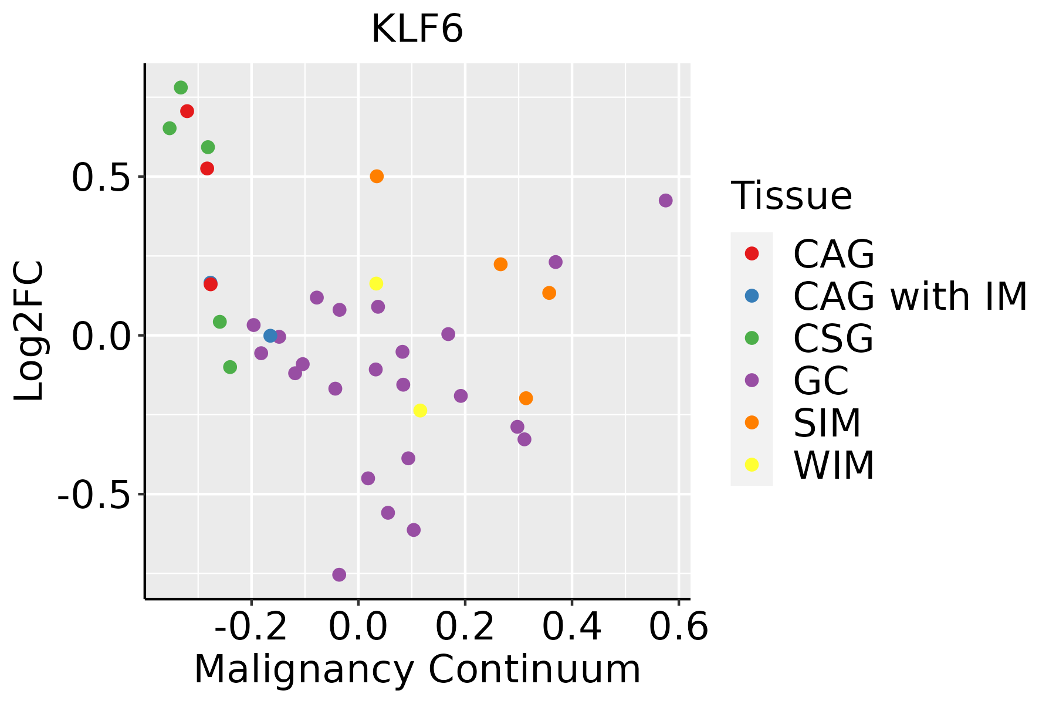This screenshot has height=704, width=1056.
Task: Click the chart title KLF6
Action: pos(417,29)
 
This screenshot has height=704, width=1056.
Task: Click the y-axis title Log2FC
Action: pos(29,331)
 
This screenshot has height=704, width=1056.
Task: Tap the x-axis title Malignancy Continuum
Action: pos(417,669)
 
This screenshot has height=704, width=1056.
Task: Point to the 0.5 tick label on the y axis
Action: pos(99,177)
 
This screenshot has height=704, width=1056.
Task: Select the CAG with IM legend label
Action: pos(910,296)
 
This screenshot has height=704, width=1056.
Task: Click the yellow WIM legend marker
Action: pos(752,465)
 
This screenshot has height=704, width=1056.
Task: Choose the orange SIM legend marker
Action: pos(752,422)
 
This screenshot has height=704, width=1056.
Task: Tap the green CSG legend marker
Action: pos(752,338)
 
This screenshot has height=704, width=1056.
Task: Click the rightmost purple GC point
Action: pos(665,201)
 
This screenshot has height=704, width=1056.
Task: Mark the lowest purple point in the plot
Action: pos(339,574)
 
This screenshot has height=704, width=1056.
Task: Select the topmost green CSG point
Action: pos(181,87)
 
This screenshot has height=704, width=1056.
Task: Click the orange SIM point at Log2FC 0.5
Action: pos(377,176)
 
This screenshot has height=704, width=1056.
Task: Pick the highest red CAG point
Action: pos(187,111)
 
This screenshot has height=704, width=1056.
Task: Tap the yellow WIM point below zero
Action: pos(420,410)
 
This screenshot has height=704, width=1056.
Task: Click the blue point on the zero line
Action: pos(270,336)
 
